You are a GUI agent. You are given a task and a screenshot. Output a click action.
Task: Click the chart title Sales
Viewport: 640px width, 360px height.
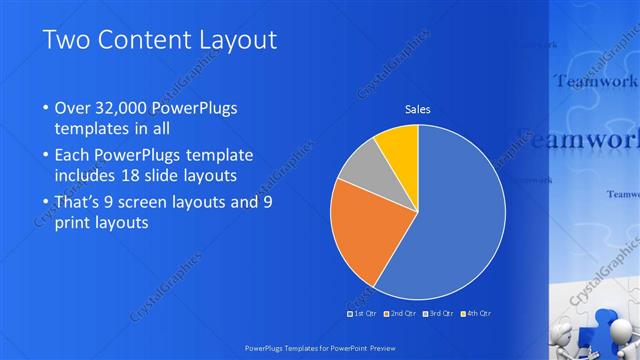point(418,109)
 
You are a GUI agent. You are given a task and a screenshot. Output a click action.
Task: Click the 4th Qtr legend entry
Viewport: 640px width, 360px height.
point(478,313)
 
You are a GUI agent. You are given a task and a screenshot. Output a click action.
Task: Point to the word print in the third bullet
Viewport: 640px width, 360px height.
point(75,223)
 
